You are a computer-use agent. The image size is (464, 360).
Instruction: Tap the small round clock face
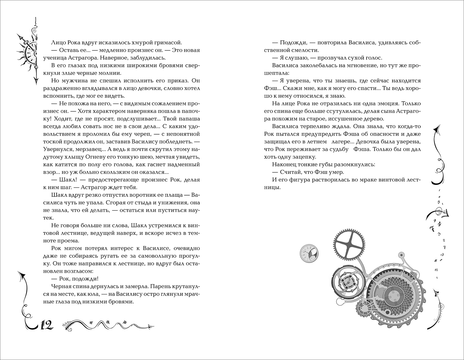309,252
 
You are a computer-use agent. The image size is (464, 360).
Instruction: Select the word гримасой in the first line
169,42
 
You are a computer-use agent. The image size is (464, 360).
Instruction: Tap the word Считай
290,172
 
